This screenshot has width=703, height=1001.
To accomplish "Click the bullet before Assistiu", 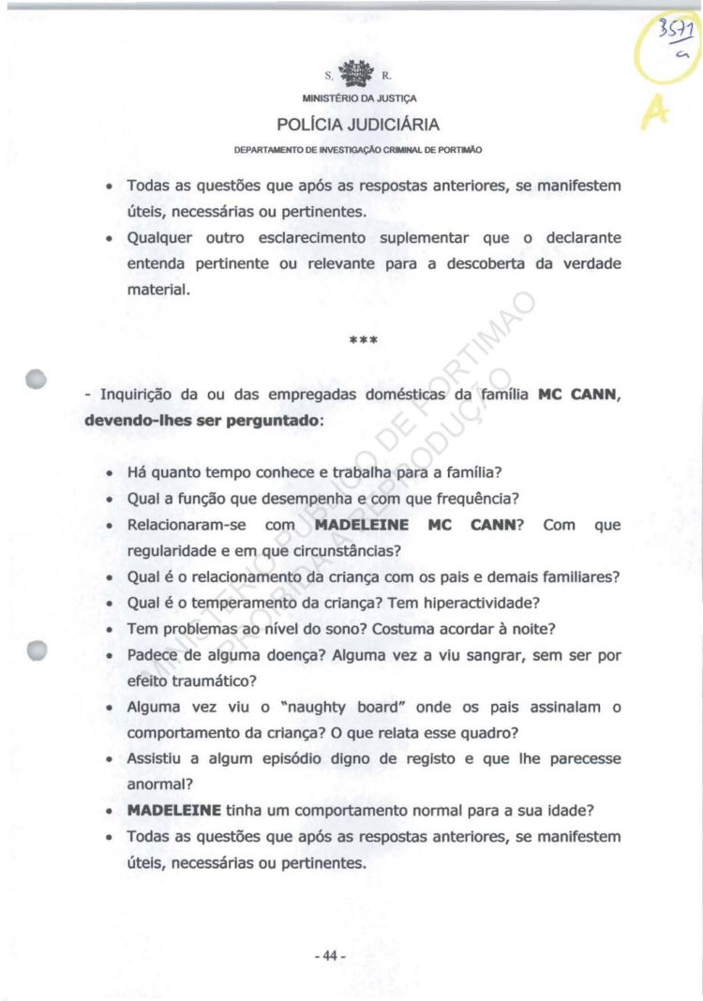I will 112,758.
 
